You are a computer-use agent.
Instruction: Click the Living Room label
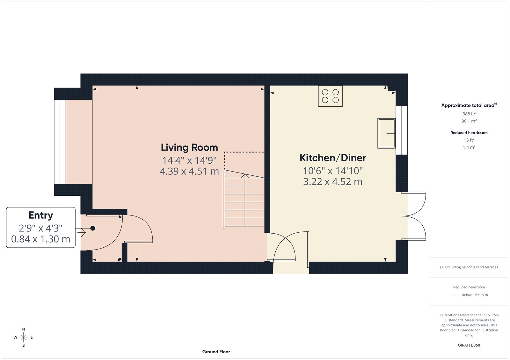tap(189, 148)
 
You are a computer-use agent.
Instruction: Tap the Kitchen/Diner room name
tap(333, 158)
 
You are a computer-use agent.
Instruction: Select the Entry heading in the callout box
tap(41, 215)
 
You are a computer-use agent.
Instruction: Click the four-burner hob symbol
tap(330, 96)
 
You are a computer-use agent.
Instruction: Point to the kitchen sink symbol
tap(386, 133)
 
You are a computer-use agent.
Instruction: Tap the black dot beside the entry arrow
tap(93, 228)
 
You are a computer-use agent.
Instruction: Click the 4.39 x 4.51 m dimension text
tap(189, 172)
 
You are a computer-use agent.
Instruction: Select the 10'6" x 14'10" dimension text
tap(333, 171)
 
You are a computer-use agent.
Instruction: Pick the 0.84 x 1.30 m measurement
tap(41, 239)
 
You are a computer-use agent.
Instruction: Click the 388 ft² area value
tap(469, 114)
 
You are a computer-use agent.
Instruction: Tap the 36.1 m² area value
tap(469, 121)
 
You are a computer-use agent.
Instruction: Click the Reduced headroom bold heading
tap(469, 133)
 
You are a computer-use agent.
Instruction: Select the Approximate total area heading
tap(468, 105)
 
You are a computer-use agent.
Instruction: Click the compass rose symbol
tap(23, 337)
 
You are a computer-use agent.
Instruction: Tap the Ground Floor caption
tap(216, 352)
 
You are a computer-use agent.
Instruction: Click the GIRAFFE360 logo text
tap(469, 345)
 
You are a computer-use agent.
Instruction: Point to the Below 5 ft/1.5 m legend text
tap(475, 295)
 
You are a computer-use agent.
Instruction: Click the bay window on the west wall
tap(60, 142)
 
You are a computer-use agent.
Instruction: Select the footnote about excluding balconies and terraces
tap(469, 267)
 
